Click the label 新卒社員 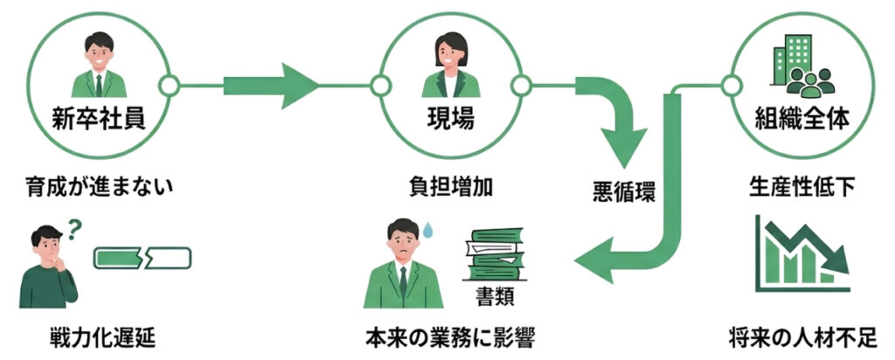[97, 117]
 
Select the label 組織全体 [801, 117]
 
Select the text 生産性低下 [801, 185]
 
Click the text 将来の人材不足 [802, 336]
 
